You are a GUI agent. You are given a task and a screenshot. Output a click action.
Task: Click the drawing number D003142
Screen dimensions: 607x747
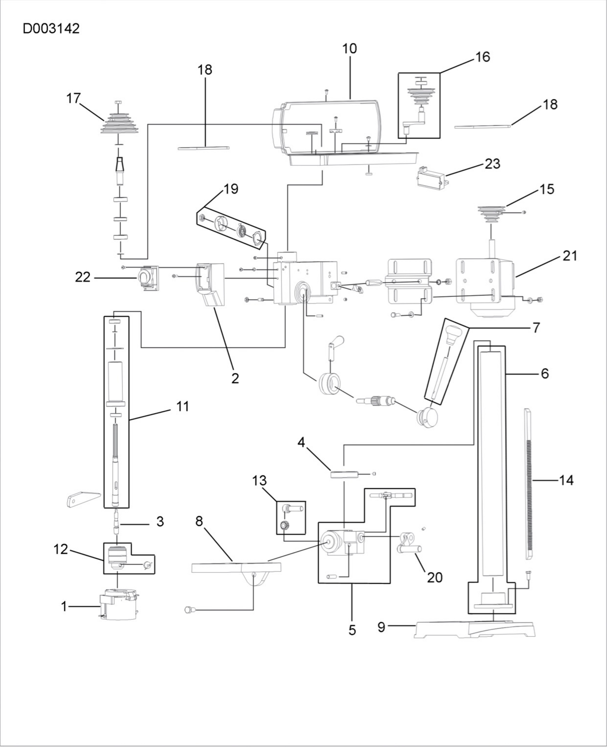(x=51, y=28)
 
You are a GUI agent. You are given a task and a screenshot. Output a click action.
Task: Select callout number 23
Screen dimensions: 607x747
(x=492, y=163)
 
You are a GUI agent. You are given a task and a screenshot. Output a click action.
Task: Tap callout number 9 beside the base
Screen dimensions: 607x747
(x=382, y=627)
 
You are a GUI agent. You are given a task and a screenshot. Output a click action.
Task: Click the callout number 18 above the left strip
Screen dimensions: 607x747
(x=205, y=70)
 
